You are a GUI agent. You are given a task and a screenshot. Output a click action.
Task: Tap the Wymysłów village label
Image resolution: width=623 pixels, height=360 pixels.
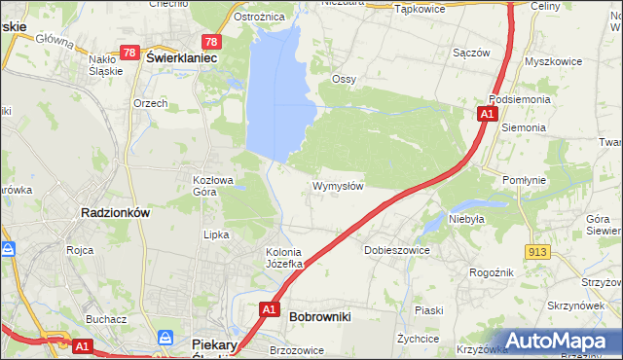[x=338, y=186]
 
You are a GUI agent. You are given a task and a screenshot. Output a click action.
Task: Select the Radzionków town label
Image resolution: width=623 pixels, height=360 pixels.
[x=114, y=213]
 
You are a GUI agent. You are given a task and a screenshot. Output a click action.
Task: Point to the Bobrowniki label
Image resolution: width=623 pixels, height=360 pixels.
[x=320, y=316]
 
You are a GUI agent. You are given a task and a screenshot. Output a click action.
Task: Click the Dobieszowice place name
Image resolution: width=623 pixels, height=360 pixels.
[x=397, y=250]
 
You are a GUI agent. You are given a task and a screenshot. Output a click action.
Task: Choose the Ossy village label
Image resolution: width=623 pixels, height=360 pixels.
[x=344, y=79]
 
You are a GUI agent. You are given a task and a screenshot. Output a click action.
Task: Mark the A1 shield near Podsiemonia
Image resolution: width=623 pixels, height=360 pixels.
[x=486, y=115]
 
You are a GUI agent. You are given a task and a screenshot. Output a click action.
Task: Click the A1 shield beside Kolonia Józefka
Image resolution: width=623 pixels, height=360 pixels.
[x=270, y=309]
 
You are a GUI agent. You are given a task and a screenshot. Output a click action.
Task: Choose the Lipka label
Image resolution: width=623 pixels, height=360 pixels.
[x=215, y=234]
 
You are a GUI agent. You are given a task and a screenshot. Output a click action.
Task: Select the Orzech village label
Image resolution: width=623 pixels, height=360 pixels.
[x=151, y=103]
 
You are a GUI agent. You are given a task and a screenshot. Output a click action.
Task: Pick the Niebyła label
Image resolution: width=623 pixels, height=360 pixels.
[x=466, y=219]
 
